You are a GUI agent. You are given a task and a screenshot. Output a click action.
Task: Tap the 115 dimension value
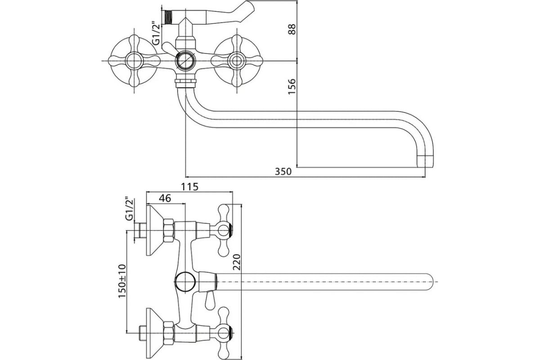pos(189,186)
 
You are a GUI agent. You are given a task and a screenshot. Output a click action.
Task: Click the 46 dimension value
pos(166,198)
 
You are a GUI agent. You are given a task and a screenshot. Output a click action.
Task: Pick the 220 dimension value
pos(237,262)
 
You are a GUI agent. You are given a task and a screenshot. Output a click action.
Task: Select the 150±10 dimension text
pos(122,283)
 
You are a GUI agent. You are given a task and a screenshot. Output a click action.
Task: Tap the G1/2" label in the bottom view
pos(129,209)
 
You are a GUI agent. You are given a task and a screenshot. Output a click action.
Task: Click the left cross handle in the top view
pos(134,60)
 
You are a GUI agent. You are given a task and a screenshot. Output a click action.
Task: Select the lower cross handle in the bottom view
pos(224,333)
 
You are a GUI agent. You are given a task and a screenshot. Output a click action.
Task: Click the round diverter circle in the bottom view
pos(184,282)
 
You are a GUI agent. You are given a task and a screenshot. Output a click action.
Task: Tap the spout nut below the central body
pos(185,82)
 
